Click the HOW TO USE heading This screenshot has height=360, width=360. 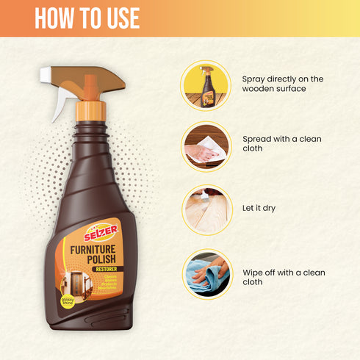87,18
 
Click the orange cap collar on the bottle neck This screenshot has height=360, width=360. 90,110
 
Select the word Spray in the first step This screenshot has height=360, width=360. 255,79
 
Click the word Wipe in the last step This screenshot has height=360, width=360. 254,272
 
